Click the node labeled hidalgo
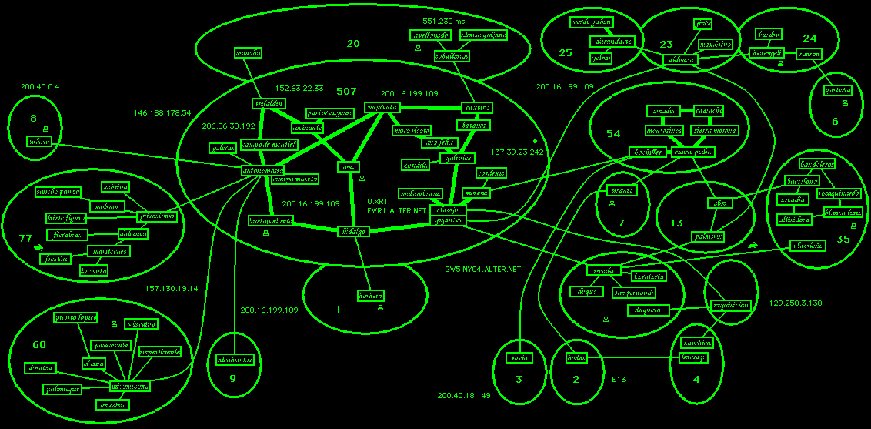[354, 231]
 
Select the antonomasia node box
[263, 171]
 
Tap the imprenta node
[382, 107]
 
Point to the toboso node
[39, 142]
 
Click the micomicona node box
[130, 386]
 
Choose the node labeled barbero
[370, 296]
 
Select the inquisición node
[731, 305]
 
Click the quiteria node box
[838, 90]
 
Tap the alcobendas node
[235, 360]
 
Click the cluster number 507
[347, 91]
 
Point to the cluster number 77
[25, 238]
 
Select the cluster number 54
[613, 134]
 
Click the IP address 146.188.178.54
[162, 113]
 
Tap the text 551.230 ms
[444, 22]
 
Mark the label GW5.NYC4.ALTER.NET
[483, 270]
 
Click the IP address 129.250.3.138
[796, 303]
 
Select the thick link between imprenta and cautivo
[430, 108]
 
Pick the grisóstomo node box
[157, 216]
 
